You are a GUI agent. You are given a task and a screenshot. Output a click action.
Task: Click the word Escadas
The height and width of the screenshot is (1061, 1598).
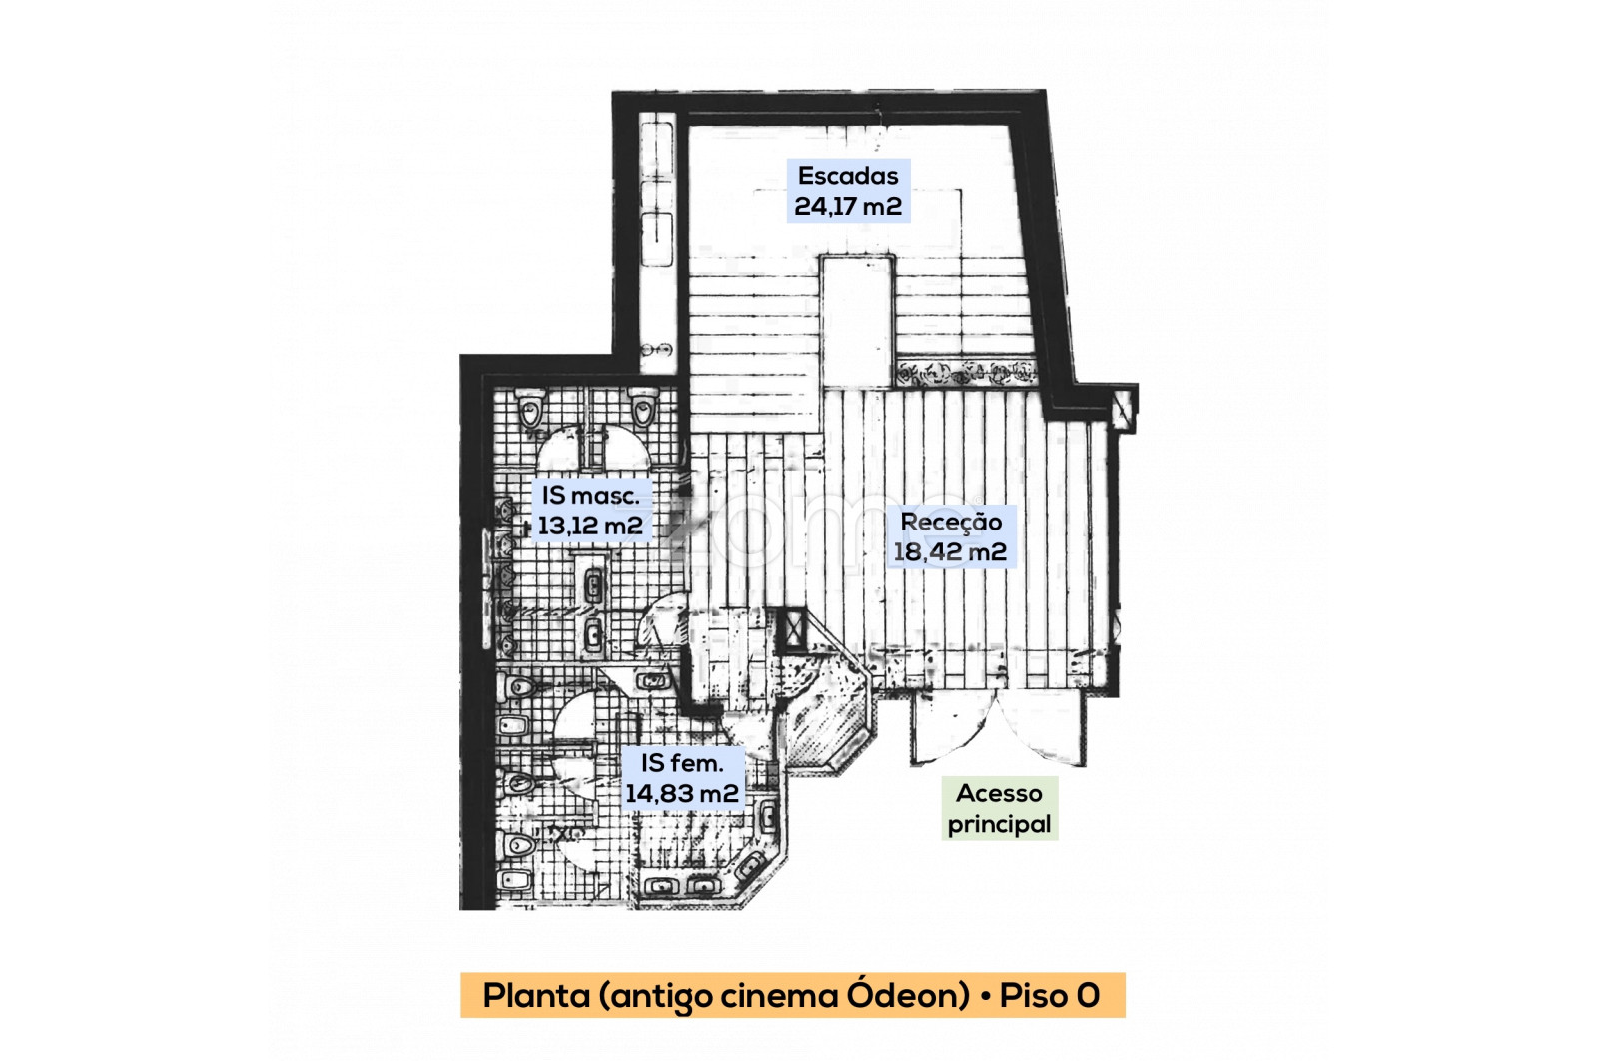848,176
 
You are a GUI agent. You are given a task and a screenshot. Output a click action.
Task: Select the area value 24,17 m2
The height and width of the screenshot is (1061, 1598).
848,206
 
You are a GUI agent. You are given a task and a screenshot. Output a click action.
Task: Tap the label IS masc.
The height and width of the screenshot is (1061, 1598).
590,496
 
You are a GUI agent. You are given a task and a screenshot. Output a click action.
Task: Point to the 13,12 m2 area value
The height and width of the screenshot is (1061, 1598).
590,526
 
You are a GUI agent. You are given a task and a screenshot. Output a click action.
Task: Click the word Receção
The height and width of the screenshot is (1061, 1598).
951,523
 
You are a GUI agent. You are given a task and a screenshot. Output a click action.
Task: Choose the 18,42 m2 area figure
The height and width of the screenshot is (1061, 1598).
950,552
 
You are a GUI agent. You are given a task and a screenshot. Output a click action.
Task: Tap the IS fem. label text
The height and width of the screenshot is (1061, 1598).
683,763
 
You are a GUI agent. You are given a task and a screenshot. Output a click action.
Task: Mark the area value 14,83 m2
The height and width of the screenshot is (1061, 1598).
682,794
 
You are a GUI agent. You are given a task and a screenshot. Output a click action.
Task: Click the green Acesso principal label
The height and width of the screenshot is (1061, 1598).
999,809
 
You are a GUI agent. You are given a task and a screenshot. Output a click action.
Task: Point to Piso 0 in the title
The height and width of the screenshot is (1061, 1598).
1050,995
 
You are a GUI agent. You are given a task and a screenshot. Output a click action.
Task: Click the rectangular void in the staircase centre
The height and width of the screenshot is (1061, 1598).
857,321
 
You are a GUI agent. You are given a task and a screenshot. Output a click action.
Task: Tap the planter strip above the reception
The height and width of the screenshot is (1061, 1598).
965,372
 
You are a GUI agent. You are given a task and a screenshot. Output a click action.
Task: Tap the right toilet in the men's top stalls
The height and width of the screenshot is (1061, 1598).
643,407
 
